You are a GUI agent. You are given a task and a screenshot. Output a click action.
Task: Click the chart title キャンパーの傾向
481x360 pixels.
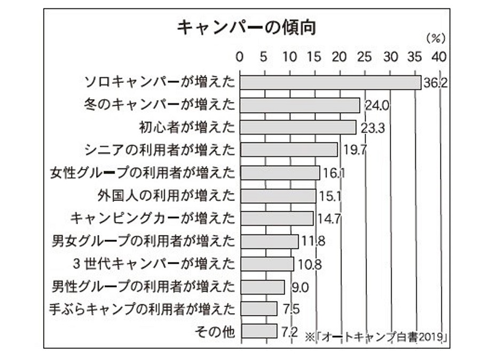coord(246,27)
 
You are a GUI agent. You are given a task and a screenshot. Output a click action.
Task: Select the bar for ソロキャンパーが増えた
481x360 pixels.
coord(330,82)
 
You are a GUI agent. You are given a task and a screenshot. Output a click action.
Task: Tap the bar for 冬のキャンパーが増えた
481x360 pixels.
coord(299,105)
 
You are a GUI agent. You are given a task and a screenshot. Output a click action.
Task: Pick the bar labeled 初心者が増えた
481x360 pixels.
coord(298,127)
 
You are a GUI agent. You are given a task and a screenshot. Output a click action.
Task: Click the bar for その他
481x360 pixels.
coord(258,332)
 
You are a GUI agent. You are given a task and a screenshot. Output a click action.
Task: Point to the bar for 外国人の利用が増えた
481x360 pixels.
coord(278,195)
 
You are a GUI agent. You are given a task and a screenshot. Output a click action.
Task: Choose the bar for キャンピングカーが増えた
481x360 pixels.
coord(277,218)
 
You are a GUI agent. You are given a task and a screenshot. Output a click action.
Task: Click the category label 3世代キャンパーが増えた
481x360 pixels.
coord(154,264)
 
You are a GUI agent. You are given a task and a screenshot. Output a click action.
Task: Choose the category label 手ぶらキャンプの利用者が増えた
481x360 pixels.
coord(141,309)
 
